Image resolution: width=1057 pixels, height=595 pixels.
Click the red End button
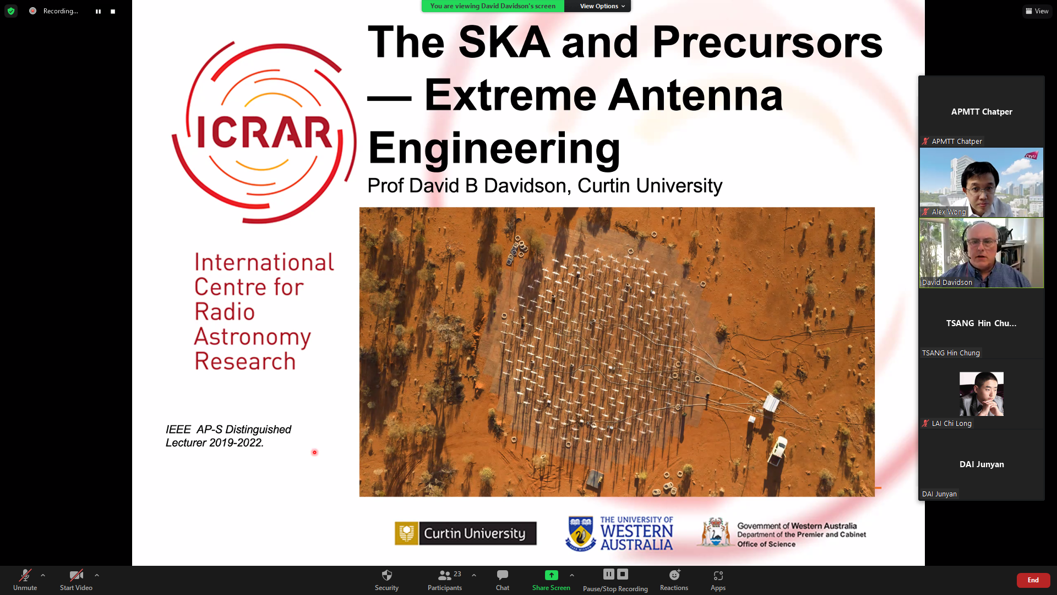pos(1033,580)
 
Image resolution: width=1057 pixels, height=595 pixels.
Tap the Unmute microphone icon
pos(25,576)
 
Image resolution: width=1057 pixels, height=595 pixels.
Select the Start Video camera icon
pos(76,576)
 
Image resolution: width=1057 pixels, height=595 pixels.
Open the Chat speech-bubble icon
pos(502,575)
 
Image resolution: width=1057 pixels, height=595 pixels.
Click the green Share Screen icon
pos(551,575)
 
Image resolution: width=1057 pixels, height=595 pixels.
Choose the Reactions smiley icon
pos(674,575)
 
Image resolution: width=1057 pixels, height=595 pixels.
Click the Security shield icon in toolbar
pos(387,575)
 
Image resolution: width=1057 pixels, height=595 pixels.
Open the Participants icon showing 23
pos(449,575)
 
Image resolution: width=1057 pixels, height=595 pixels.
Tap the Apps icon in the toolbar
pos(718,576)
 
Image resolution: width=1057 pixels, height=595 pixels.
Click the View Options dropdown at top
pos(602,6)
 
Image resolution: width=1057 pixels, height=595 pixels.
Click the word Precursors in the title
pos(767,42)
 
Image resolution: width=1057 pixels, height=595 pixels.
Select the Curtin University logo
pos(466,533)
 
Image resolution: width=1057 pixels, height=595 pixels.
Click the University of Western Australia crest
pos(580,533)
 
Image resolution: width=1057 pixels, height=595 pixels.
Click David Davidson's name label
pos(947,283)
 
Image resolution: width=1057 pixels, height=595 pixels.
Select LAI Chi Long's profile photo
pos(982,394)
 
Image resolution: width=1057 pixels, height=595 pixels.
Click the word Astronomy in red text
pos(253,337)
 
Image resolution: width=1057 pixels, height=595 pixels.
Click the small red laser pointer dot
pos(314,452)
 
